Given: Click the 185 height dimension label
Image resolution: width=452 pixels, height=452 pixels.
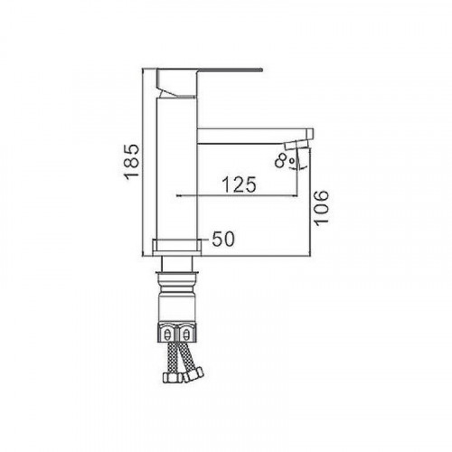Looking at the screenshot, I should (x=132, y=160).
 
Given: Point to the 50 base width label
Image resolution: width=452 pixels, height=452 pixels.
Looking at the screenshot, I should (x=223, y=240).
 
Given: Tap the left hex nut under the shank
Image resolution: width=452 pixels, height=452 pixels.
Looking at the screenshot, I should (x=167, y=333).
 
